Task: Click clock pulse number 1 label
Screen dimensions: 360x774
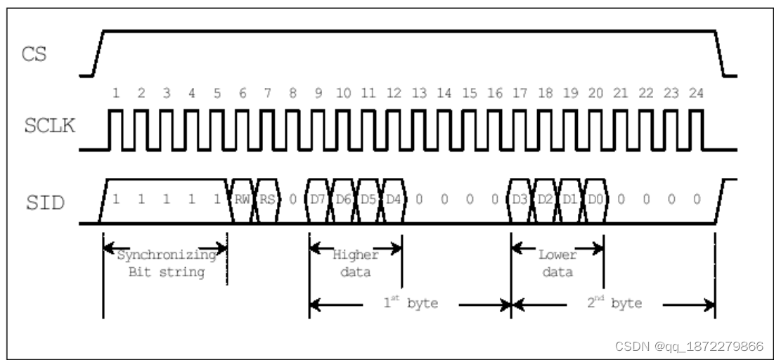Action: (116, 94)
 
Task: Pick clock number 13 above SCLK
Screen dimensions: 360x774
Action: (419, 94)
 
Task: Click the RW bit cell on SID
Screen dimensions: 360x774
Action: (243, 200)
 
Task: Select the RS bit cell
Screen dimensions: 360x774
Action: (268, 200)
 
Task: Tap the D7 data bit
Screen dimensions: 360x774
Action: (318, 200)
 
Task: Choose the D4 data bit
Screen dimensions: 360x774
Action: (394, 200)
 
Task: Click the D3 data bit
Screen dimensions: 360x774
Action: (520, 200)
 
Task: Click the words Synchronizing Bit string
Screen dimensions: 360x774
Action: (165, 263)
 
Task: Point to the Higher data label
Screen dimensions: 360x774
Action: (356, 263)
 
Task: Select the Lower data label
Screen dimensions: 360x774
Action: (557, 263)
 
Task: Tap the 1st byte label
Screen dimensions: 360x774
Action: (410, 305)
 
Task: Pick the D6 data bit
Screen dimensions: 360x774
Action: (344, 200)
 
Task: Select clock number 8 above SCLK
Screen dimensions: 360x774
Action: (293, 94)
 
